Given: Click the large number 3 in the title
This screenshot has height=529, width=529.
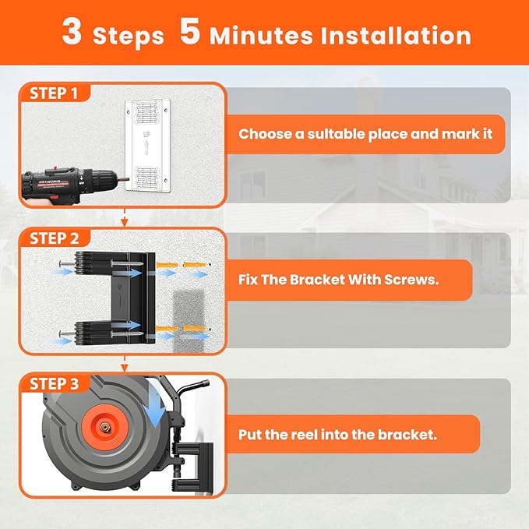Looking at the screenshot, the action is click(x=72, y=31).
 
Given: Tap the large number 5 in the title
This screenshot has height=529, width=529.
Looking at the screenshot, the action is click(x=189, y=31).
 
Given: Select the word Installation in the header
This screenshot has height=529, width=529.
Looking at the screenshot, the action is click(x=396, y=35).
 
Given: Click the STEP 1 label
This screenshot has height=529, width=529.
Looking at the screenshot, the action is click(x=54, y=93).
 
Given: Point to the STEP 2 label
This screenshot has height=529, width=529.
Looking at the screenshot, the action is click(x=54, y=238).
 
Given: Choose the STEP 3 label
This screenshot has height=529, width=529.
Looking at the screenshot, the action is click(x=54, y=384).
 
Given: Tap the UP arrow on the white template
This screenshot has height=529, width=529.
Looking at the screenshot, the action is click(x=146, y=148).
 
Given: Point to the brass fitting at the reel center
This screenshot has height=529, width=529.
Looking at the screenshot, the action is click(x=105, y=428).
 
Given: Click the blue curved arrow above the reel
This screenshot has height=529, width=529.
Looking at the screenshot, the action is click(x=154, y=403).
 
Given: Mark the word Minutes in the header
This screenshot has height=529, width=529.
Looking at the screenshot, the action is click(x=261, y=35).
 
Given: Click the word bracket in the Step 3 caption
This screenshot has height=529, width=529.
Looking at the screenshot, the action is click(x=407, y=434).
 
